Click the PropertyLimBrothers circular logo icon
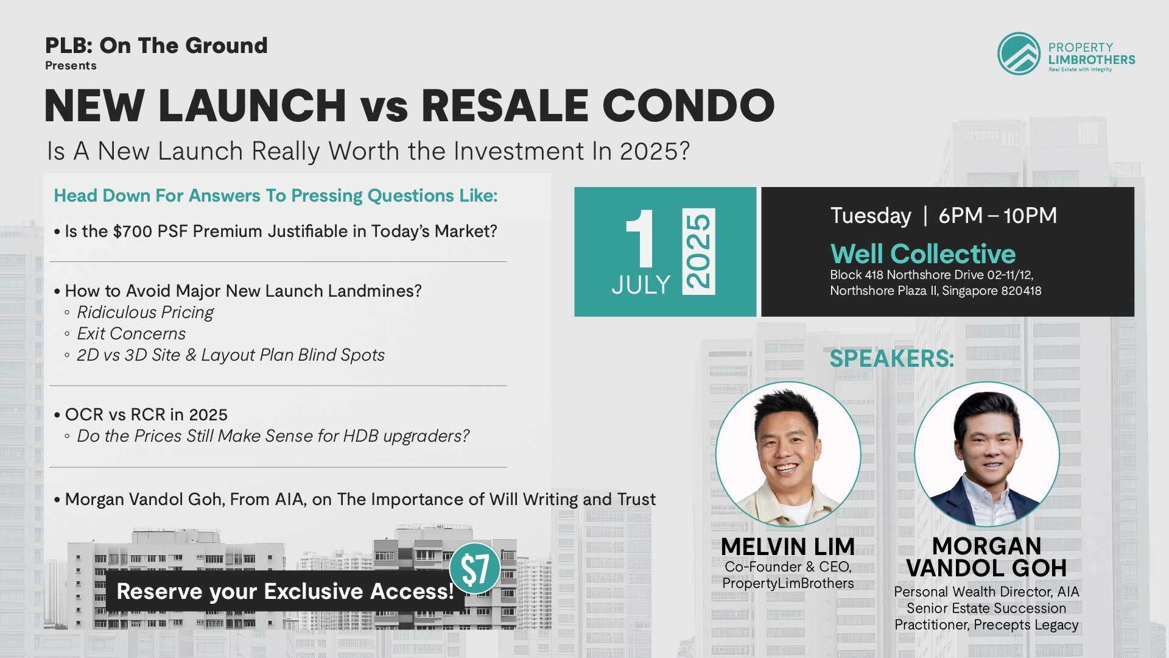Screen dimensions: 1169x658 coord(1019,53)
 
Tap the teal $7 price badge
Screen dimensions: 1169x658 coord(475,568)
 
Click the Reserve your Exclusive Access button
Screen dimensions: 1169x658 coord(285,591)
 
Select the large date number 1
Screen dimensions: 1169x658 coord(641,239)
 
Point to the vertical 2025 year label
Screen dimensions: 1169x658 coord(698,251)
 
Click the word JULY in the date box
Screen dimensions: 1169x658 coord(641,285)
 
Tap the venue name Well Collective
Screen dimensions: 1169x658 coord(923,253)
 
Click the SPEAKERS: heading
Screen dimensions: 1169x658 coord(891,358)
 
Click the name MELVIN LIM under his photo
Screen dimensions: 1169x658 coord(788,547)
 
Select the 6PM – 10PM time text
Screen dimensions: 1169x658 coord(998,215)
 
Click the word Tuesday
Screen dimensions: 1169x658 coord(871,216)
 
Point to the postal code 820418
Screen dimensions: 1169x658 coord(1021,291)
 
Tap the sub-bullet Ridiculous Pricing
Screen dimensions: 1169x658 coord(145,313)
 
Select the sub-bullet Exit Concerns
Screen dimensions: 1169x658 coord(131,334)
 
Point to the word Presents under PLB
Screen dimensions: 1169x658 coord(71,65)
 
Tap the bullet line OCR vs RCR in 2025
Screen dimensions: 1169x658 coord(146,415)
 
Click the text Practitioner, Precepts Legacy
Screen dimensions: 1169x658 coord(986,624)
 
